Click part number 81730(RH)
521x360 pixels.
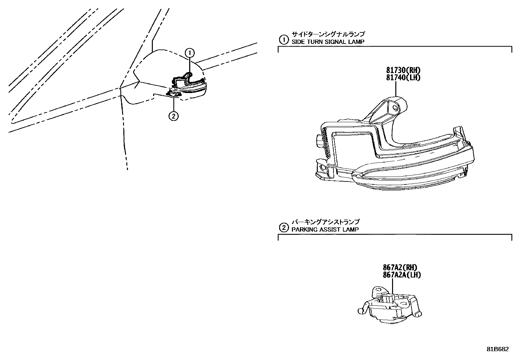tap(403, 70)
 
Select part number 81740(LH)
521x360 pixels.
tap(403, 77)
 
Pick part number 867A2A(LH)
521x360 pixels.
tap(402, 275)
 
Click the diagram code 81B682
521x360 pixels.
tap(497, 349)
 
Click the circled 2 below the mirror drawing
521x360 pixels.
tap(173, 116)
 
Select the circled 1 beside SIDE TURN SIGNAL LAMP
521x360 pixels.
tap(283, 40)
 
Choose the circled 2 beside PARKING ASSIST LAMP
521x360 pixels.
tap(283, 227)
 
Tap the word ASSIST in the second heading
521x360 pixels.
tap(330, 230)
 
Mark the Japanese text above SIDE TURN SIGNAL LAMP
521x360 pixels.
tap(328, 34)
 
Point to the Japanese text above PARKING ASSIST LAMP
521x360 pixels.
tap(325, 222)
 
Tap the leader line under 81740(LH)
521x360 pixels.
tap(396, 88)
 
